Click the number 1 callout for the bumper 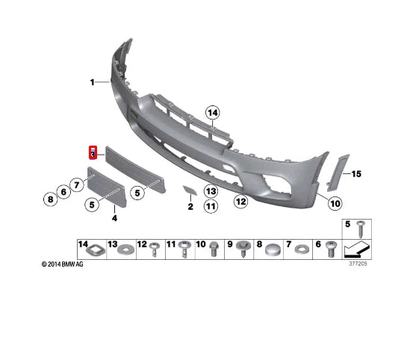(93, 82)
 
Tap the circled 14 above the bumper (214, 114)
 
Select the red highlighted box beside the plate (93, 152)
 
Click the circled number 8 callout (50, 199)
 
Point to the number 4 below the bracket (114, 218)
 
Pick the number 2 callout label (190, 207)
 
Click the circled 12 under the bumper (240, 200)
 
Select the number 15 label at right (356, 174)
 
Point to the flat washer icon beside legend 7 (302, 247)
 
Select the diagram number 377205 (358, 263)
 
